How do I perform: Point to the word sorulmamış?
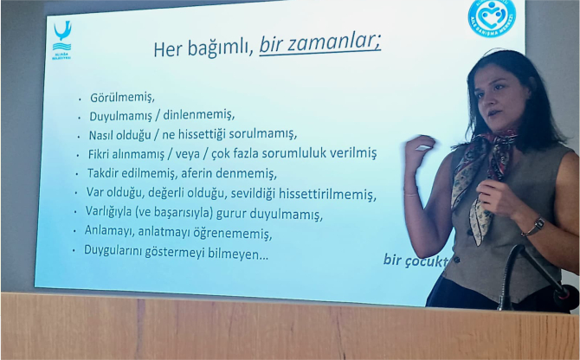265,134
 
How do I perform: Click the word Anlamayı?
113,233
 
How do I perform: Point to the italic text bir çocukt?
416,260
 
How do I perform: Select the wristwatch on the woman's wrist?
533,228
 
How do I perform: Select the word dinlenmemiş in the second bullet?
199,116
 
